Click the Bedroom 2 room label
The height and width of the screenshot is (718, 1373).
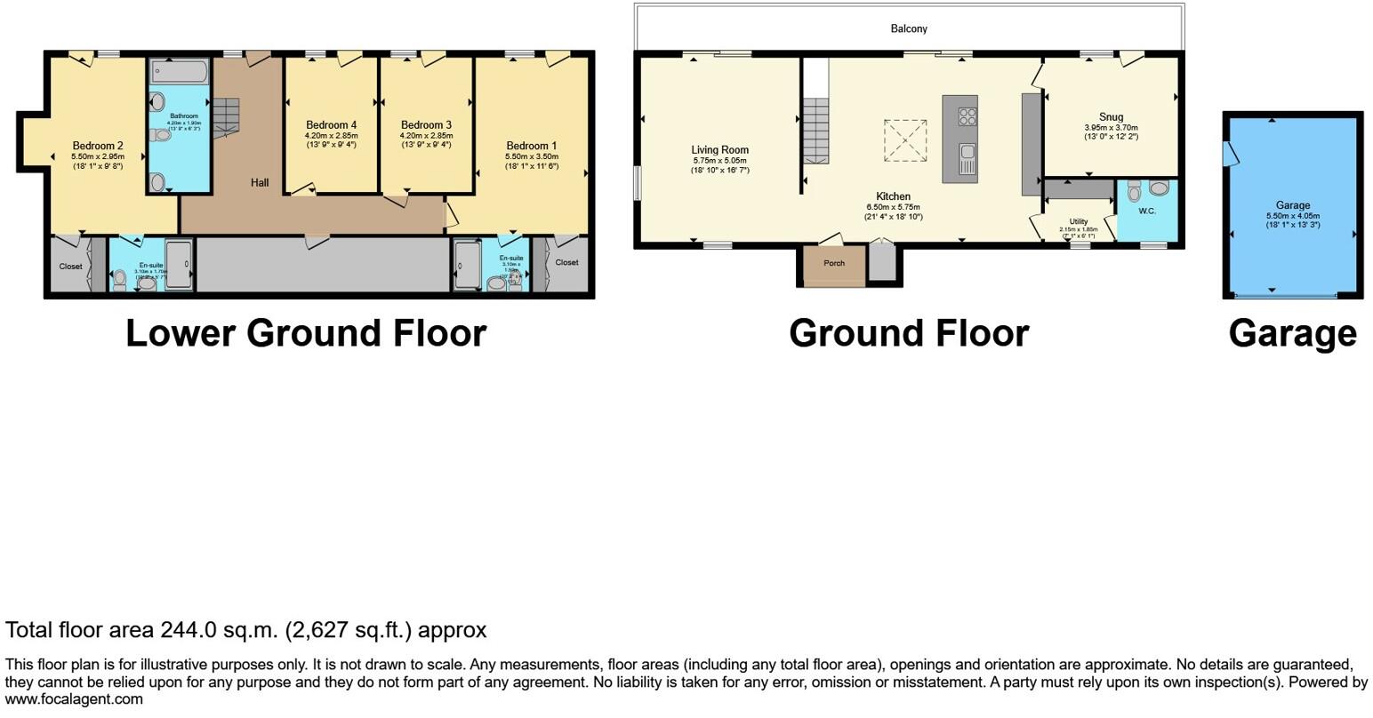coord(98,146)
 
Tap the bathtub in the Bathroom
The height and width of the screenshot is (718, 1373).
coord(179,71)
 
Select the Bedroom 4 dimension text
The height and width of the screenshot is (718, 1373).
coord(331,136)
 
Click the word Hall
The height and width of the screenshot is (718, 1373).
coord(260,182)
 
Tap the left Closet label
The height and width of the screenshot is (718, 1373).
coord(70,267)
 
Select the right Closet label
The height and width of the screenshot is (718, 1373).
coord(566,262)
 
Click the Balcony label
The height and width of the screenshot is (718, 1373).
coord(909,28)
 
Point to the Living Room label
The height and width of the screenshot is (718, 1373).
coord(720,150)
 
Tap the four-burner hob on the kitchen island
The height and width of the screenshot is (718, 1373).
coord(966,116)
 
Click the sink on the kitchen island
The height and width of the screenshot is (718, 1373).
coord(966,161)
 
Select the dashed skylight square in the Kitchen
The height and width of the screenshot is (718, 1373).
coord(905,140)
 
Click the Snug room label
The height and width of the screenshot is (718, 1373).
coord(1111,116)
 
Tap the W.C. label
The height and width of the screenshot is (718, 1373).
coord(1146,211)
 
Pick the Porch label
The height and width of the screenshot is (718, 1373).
coord(834,263)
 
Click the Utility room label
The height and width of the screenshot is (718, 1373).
coord(1079,221)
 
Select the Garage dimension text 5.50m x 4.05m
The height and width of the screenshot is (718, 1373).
coord(1292,216)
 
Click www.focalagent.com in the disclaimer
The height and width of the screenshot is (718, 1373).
coord(74,699)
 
